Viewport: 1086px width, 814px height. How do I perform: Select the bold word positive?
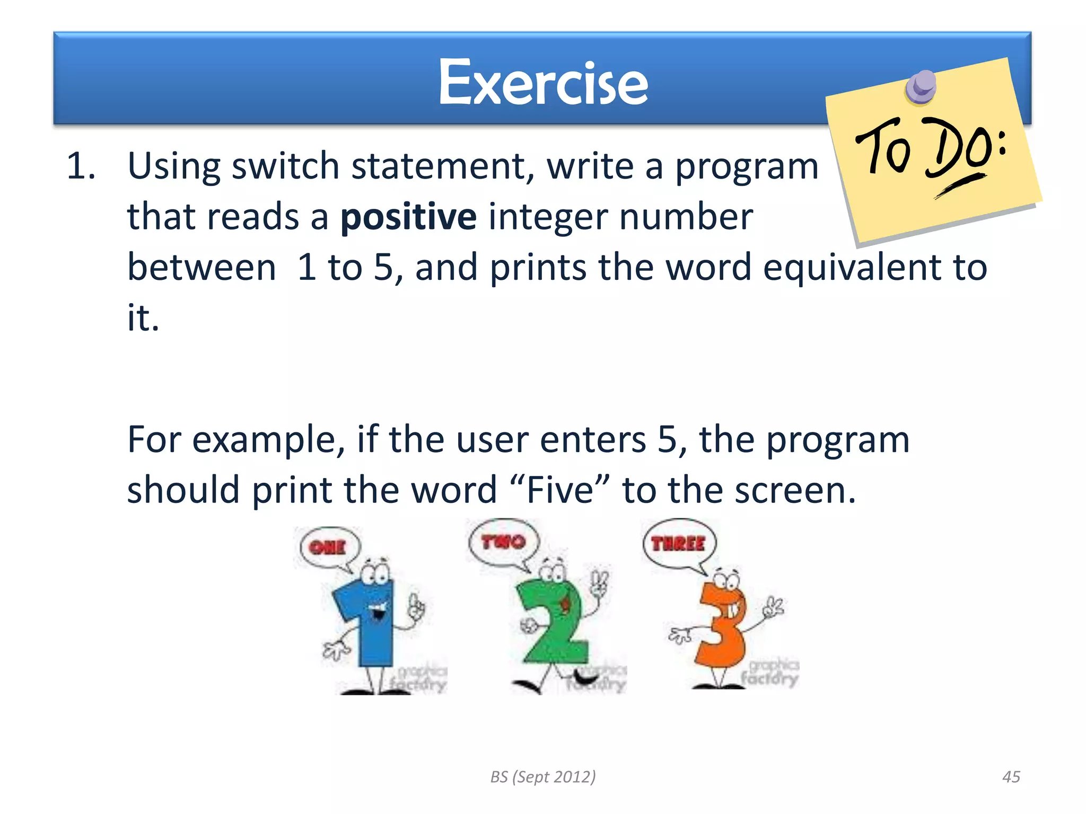point(408,217)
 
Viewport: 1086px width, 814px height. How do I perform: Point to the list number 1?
point(81,166)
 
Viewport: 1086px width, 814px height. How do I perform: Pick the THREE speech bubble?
point(678,544)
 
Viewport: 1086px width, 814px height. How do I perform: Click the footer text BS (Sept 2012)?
point(542,777)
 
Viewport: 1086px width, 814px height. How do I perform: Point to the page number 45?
point(1011,777)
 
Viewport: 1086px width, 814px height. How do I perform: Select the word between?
point(202,267)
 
